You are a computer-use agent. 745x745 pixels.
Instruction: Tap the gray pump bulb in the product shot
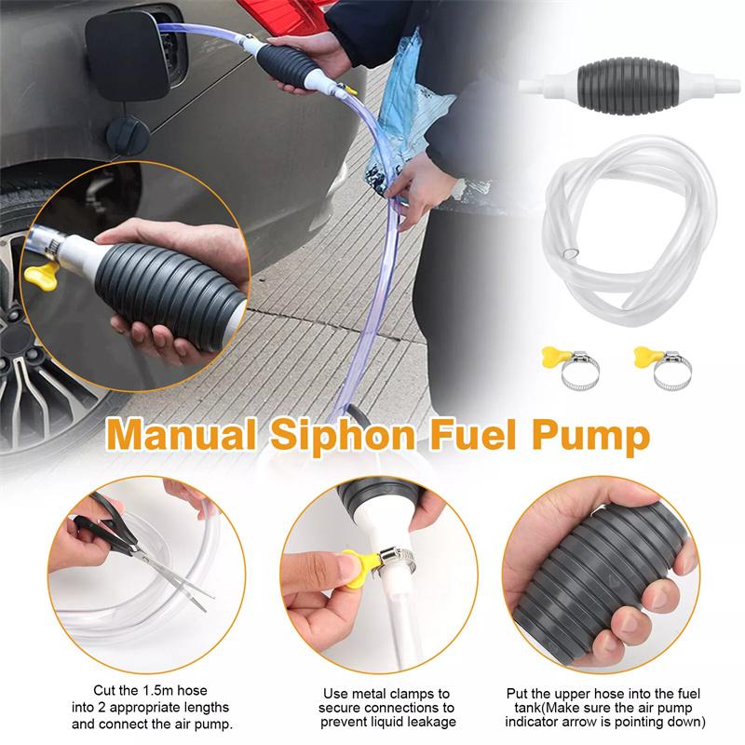(616, 87)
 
